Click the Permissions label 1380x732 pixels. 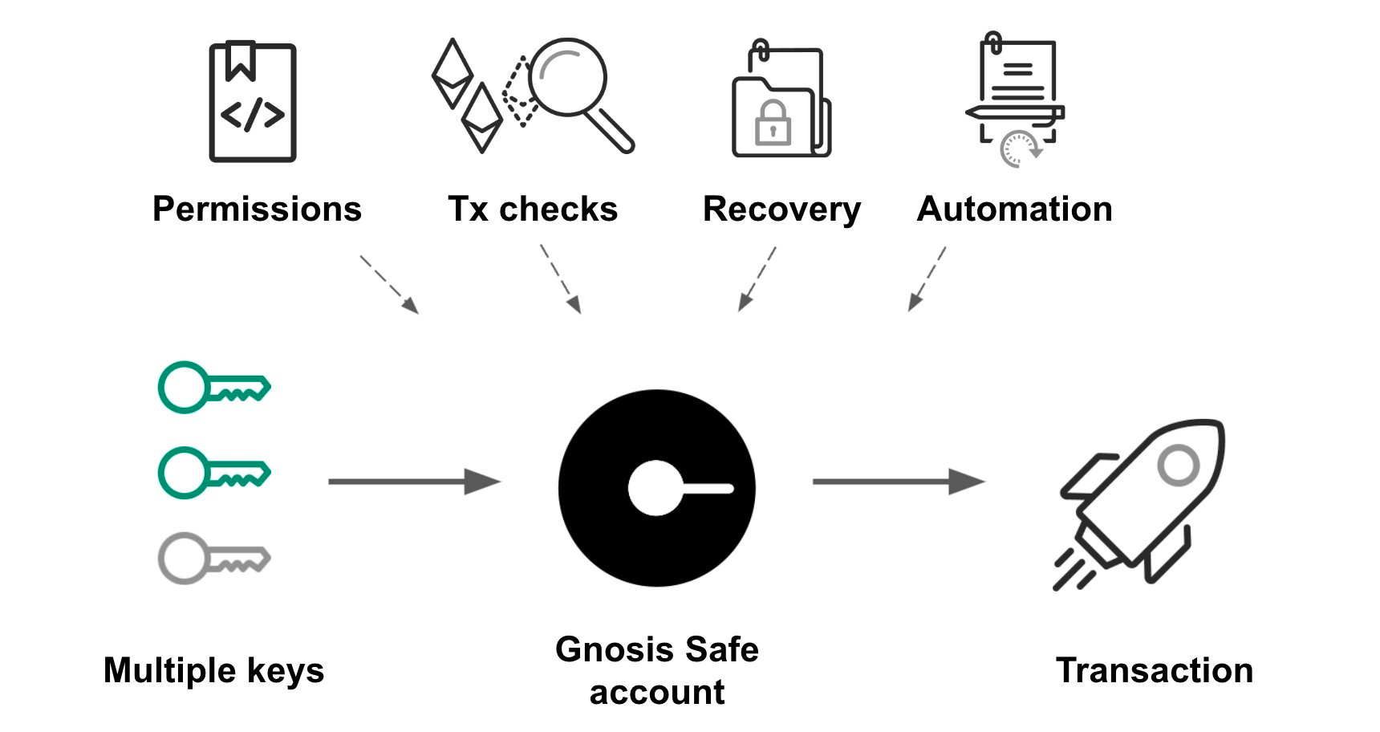click(257, 209)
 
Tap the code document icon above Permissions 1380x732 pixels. click(253, 102)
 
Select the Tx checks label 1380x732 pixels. click(533, 209)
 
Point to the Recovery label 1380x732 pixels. click(781, 209)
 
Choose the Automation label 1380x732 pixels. click(1014, 209)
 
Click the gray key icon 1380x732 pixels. click(213, 558)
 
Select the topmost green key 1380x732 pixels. click(213, 388)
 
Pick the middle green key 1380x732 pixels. click(213, 473)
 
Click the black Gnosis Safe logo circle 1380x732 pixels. click(656, 488)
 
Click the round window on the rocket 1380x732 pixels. click(1178, 465)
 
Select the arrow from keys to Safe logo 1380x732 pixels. click(413, 482)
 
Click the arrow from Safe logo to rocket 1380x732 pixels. click(898, 482)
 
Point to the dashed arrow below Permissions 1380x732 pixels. click(389, 284)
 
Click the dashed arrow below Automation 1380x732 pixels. click(927, 279)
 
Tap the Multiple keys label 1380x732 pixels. click(213, 671)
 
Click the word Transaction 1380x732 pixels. click(1154, 671)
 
